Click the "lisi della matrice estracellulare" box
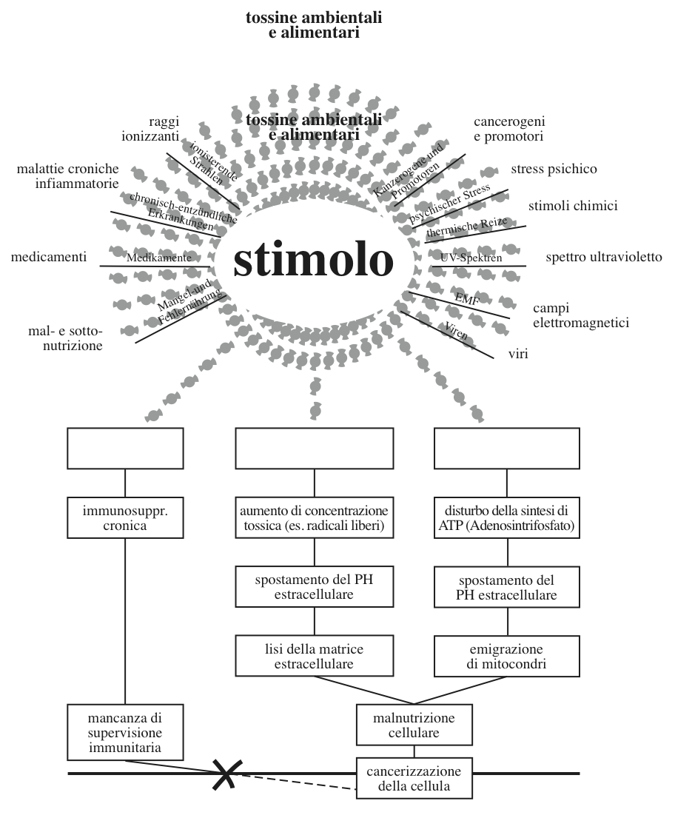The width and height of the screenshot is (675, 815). tap(315, 656)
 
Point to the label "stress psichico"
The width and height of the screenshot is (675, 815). tap(554, 170)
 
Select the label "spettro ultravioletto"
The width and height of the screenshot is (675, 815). tap(604, 258)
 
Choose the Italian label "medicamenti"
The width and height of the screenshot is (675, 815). tap(49, 258)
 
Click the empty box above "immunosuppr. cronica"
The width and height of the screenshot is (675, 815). tap(124, 449)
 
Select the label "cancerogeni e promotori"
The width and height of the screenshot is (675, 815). tap(508, 130)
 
